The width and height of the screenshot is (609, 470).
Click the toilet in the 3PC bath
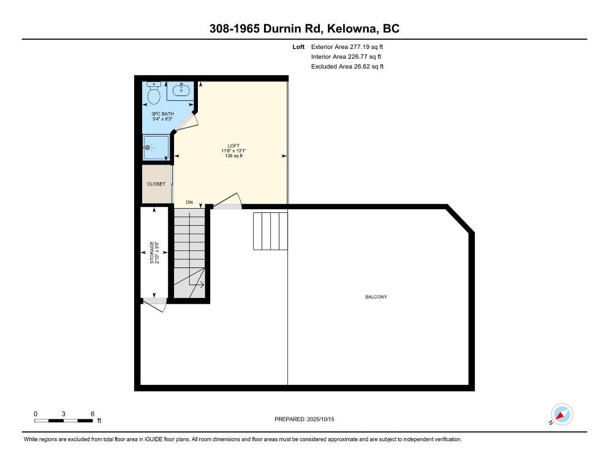[154, 94]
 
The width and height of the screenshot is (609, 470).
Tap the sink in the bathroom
[181, 91]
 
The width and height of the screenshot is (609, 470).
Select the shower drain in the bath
[148, 147]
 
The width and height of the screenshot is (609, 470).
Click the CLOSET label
[156, 184]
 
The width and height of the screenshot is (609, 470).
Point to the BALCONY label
[376, 297]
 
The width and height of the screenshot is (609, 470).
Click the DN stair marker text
[190, 202]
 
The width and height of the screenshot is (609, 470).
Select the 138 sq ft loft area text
[233, 156]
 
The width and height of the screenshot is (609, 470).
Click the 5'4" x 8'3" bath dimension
[163, 119]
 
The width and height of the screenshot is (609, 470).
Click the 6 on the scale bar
[92, 414]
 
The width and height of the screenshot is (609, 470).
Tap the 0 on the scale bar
[36, 414]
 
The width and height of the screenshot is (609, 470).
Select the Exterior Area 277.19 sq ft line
[347, 47]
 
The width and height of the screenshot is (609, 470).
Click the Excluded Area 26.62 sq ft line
[347, 67]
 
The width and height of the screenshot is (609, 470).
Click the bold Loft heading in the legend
[298, 47]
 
